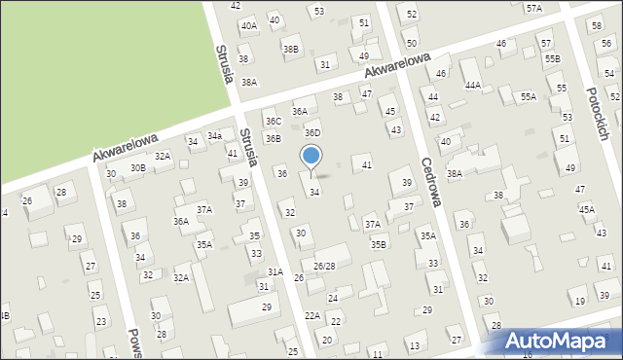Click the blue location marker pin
(311, 157)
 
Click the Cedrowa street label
(431, 183)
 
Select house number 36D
(312, 132)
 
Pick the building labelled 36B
(274, 139)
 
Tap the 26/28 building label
(324, 266)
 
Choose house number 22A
(312, 315)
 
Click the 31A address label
(275, 271)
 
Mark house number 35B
(378, 244)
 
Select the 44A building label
(473, 86)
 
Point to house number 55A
(528, 97)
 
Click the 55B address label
(552, 59)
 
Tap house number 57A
(533, 8)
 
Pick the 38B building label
(290, 49)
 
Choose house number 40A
(249, 25)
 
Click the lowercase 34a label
(214, 135)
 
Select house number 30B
(138, 167)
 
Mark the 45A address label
(586, 209)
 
